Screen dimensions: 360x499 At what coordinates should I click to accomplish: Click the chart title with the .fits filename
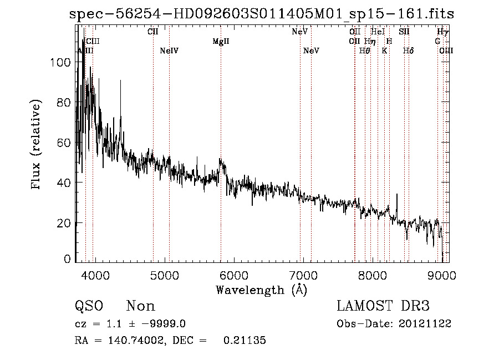tap(261, 14)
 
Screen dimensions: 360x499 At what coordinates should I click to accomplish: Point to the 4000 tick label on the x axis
tap(95, 275)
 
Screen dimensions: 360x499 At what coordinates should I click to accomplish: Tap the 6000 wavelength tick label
tap(234, 275)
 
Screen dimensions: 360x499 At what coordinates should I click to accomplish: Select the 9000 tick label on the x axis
tap(442, 275)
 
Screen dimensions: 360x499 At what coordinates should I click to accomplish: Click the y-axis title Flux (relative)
tap(37, 145)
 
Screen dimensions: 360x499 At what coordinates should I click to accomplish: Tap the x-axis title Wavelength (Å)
tap(261, 290)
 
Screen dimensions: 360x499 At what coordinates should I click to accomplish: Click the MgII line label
tap(221, 42)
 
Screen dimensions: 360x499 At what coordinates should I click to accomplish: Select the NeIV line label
tap(169, 51)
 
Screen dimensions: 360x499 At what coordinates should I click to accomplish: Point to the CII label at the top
tap(153, 32)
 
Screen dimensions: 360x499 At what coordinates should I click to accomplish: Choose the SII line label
tap(404, 32)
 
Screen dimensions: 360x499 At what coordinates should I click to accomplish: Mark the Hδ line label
tap(409, 51)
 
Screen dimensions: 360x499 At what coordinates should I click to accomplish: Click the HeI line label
tap(378, 32)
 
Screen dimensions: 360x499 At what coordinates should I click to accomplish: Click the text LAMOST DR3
tap(383, 306)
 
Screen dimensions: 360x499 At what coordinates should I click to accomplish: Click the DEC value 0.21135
tap(245, 341)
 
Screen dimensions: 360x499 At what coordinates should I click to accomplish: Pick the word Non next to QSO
tap(141, 306)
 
